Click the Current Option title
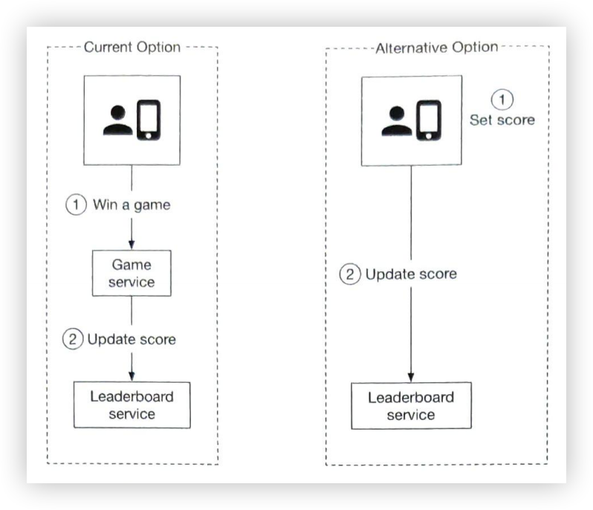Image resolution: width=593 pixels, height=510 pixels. [x=132, y=47]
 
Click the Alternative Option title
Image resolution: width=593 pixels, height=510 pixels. [x=437, y=47]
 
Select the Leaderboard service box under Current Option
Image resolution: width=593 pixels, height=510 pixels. [x=132, y=404]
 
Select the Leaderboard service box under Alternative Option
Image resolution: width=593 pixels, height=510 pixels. [x=411, y=405]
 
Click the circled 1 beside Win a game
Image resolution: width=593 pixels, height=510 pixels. [x=77, y=204]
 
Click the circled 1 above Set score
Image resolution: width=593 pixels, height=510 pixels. [x=502, y=100]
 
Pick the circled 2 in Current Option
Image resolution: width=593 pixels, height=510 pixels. [x=73, y=339]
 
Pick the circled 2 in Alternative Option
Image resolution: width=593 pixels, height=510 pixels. [x=350, y=274]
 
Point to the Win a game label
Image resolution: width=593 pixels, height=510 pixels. [x=131, y=204]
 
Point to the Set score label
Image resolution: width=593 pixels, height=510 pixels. [x=502, y=119]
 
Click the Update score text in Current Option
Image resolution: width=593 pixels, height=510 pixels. [x=132, y=339]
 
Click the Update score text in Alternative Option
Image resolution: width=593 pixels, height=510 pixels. [x=411, y=274]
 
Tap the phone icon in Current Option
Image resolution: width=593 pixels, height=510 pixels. [x=149, y=120]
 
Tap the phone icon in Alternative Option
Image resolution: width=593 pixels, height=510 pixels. [x=428, y=120]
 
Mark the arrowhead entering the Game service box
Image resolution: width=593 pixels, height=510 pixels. [x=132, y=245]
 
